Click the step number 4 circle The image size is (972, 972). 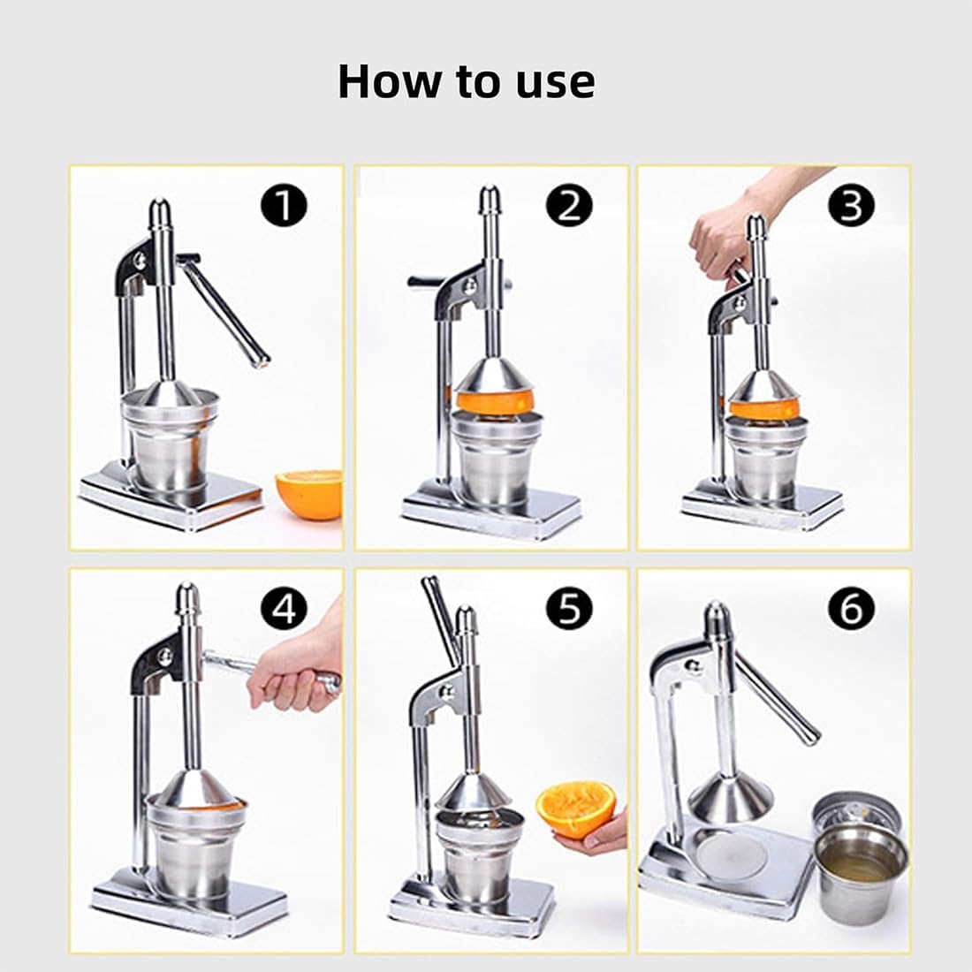click(284, 608)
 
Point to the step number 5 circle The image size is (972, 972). click(568, 608)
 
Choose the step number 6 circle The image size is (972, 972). click(850, 608)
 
